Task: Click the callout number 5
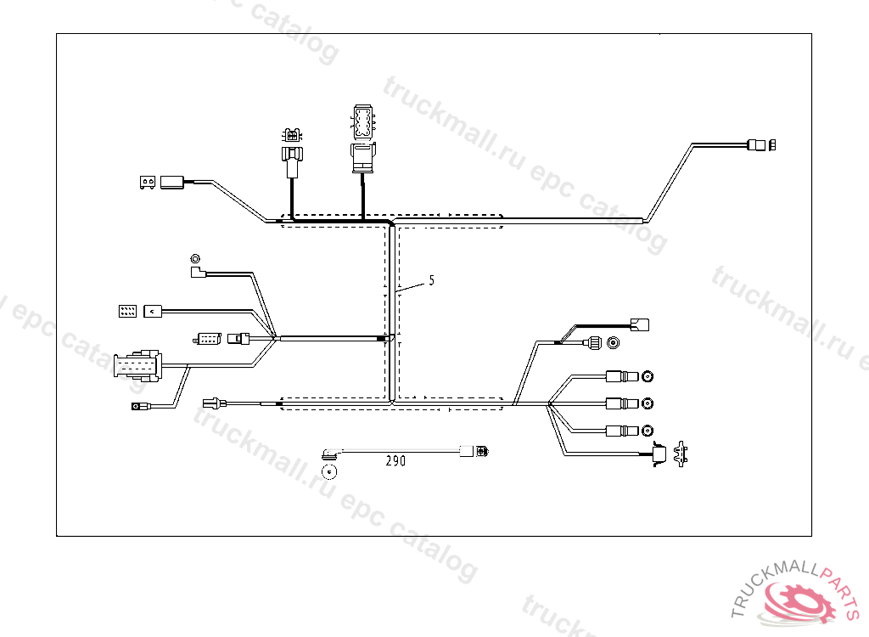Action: (x=431, y=280)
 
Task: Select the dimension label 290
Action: (x=395, y=461)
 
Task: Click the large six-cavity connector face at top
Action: (x=362, y=122)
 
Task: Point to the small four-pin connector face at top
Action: (x=293, y=135)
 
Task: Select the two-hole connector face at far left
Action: (x=147, y=182)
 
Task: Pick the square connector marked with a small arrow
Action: (x=153, y=311)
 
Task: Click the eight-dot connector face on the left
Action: (x=126, y=311)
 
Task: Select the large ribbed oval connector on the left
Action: (x=137, y=366)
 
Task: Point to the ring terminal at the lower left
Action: (x=136, y=407)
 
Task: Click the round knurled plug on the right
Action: (x=593, y=343)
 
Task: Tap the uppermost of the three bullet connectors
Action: (x=620, y=376)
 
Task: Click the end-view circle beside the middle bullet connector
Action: (x=648, y=403)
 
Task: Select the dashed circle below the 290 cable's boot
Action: (x=329, y=471)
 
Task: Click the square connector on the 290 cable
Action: (x=467, y=450)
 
